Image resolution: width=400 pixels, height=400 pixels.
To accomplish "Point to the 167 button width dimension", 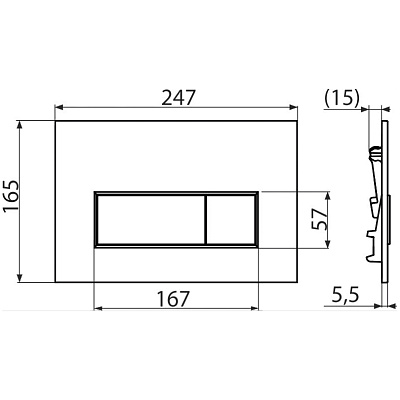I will (177, 297).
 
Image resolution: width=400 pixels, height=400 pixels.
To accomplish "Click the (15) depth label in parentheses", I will (343, 97).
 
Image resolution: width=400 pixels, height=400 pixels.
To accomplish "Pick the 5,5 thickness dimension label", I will (346, 296).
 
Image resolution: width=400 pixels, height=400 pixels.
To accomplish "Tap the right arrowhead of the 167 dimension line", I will (255, 308).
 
